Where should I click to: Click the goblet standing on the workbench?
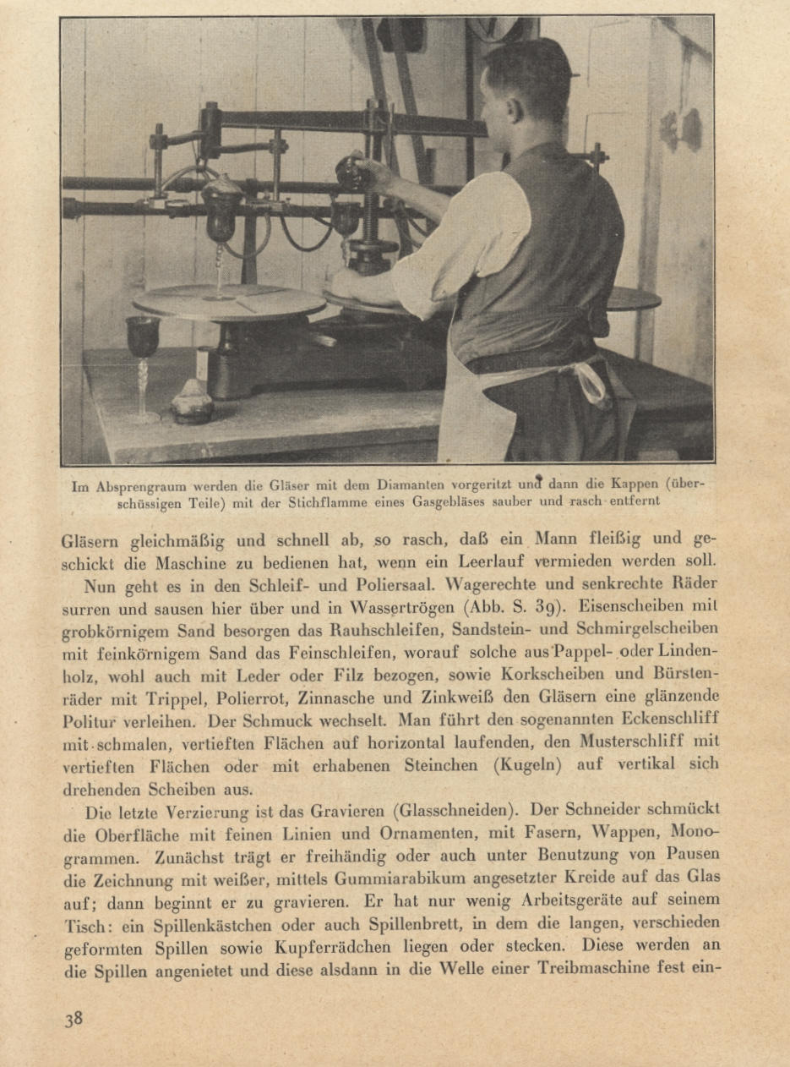143,355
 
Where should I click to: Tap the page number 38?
73,1018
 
